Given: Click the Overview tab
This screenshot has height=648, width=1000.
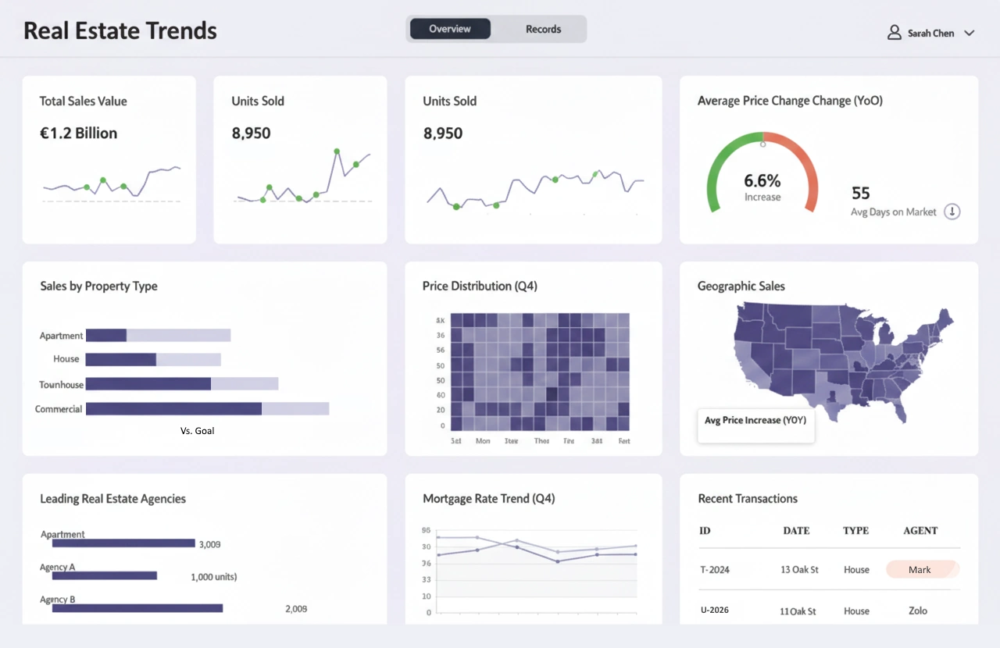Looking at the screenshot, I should click(x=450, y=29).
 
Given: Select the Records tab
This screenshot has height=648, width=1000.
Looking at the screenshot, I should click(x=543, y=29).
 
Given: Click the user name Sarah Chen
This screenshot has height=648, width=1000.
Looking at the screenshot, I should click(x=930, y=34).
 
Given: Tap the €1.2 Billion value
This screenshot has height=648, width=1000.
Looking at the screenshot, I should click(x=78, y=134).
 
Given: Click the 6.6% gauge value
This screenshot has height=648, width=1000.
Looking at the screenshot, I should click(x=762, y=181).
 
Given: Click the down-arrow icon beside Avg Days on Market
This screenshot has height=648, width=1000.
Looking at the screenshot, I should click(x=952, y=212).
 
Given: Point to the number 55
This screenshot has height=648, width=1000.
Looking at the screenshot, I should click(x=860, y=193).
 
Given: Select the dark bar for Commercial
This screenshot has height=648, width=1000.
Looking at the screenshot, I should click(x=173, y=409).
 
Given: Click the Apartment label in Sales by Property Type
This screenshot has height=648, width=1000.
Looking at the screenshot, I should click(x=61, y=336).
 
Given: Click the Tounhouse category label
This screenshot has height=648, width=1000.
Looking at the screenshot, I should click(x=61, y=385).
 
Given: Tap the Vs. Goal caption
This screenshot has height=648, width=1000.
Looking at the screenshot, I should click(x=197, y=430).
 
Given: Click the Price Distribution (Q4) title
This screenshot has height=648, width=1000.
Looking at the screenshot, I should click(x=480, y=287).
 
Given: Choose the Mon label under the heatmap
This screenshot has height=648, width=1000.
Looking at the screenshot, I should click(x=483, y=441).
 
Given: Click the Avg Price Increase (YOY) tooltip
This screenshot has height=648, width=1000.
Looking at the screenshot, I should click(x=755, y=421).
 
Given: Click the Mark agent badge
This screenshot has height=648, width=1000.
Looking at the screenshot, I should click(x=920, y=570).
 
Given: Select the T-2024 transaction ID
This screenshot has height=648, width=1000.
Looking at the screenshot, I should click(x=715, y=570).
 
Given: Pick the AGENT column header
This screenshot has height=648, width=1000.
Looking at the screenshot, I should click(x=920, y=531).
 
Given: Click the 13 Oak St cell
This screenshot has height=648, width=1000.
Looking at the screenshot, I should click(x=799, y=570).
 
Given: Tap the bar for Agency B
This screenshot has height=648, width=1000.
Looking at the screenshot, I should click(x=137, y=608).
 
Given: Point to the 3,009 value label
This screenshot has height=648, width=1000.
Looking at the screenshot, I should click(x=209, y=544).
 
